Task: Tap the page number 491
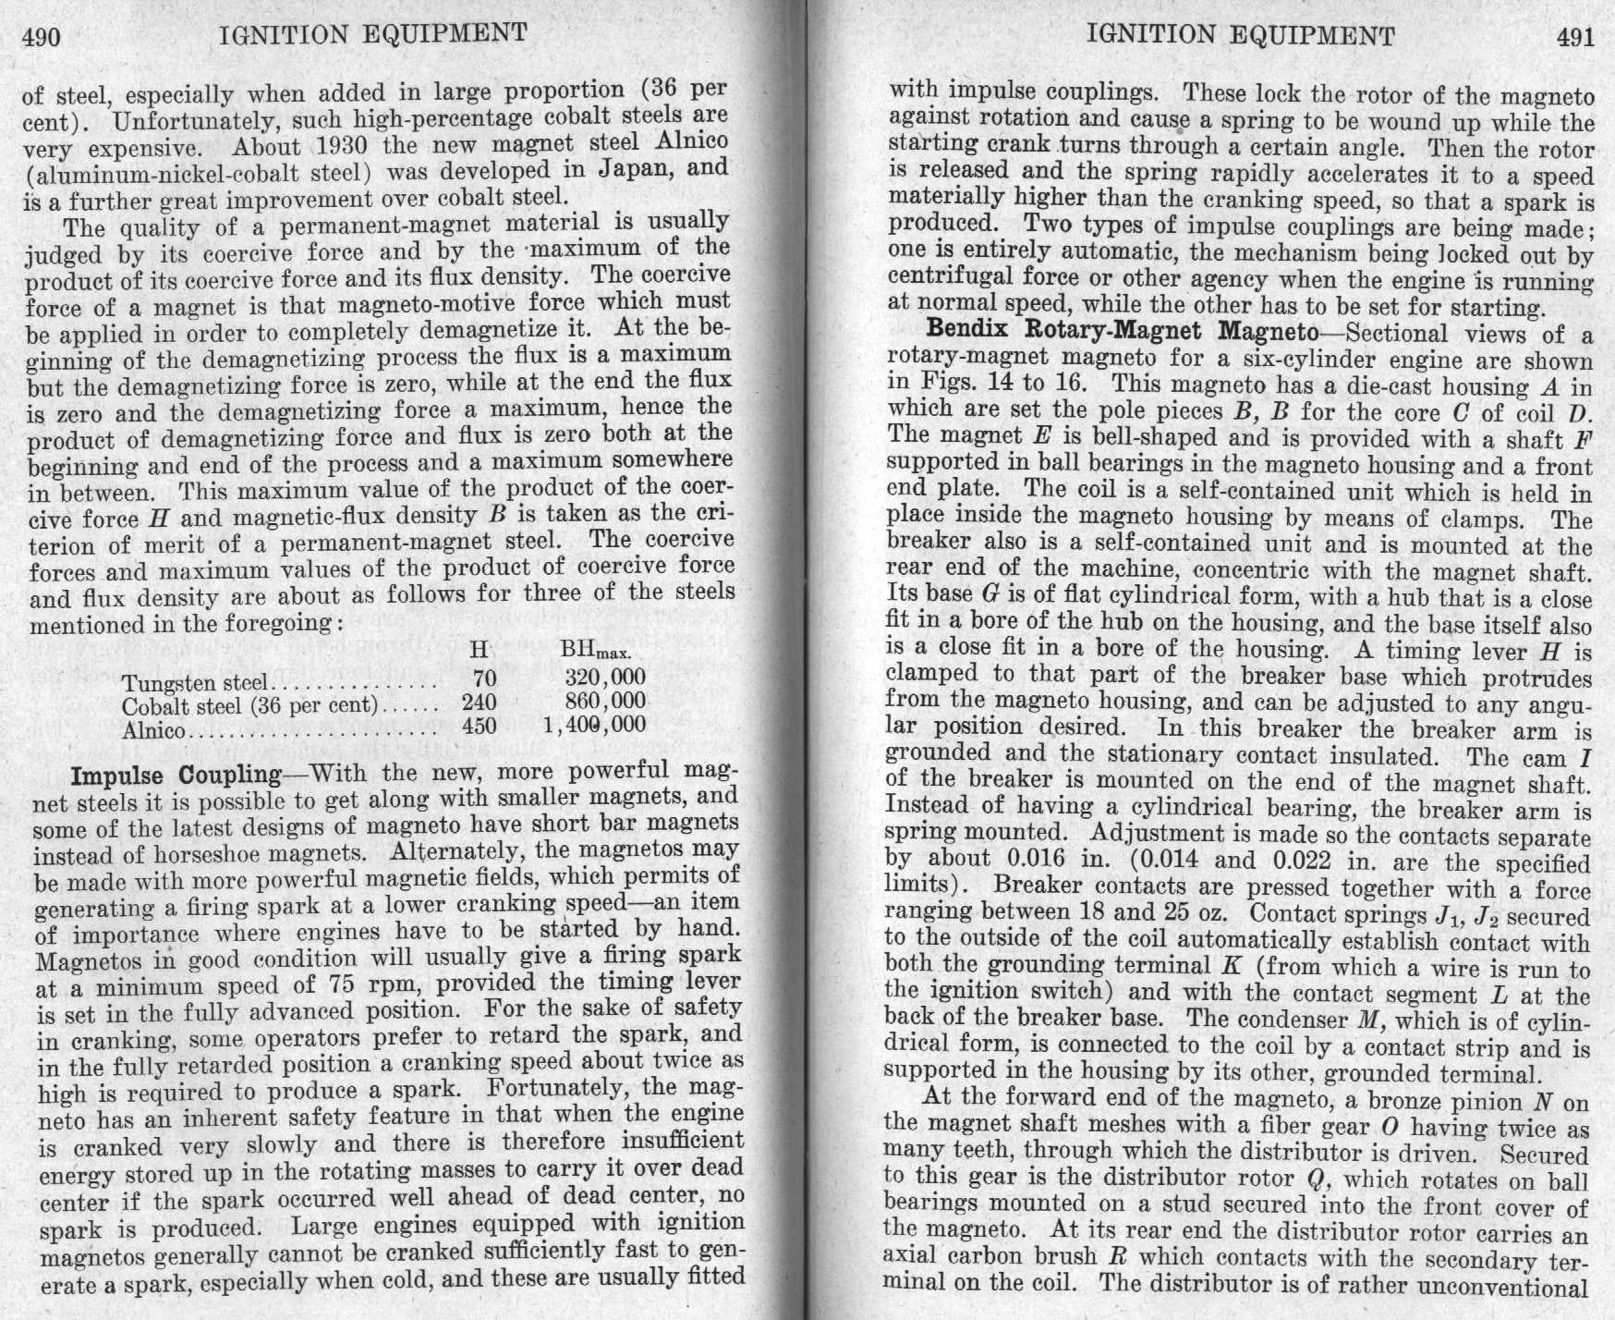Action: click(x=1575, y=38)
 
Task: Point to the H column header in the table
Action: click(x=479, y=651)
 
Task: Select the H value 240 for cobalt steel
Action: click(x=479, y=703)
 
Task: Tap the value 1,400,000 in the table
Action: click(x=595, y=725)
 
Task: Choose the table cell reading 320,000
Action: click(x=604, y=678)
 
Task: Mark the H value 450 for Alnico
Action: click(x=479, y=726)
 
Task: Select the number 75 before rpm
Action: click(x=332, y=984)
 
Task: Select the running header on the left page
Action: click(x=373, y=35)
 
